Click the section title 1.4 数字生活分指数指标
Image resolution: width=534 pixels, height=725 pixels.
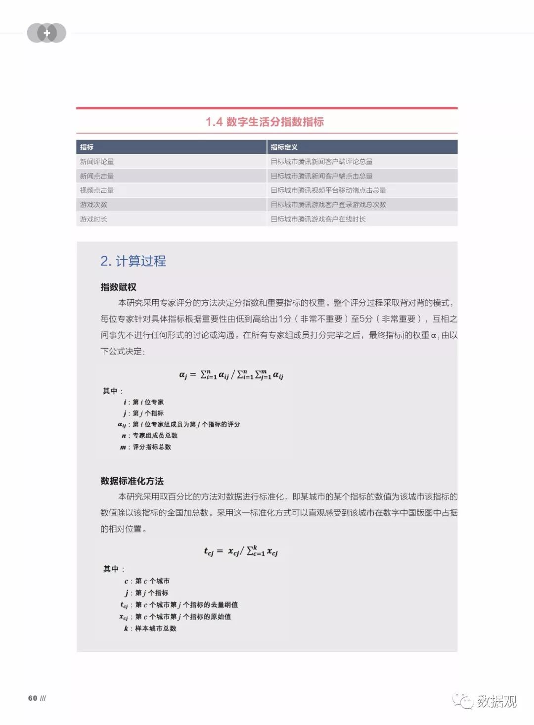click(x=265, y=122)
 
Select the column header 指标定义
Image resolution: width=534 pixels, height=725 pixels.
click(x=284, y=147)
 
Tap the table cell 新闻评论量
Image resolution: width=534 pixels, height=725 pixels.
click(x=97, y=161)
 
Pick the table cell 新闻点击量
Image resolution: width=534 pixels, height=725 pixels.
click(x=97, y=176)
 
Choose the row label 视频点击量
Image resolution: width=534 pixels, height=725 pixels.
click(x=97, y=190)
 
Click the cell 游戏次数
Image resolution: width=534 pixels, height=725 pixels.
click(x=93, y=204)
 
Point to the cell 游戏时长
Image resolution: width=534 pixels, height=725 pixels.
click(x=93, y=219)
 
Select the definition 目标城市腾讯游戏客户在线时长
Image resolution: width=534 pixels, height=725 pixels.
click(x=318, y=219)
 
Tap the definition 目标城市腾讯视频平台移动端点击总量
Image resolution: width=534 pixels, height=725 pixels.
click(x=328, y=190)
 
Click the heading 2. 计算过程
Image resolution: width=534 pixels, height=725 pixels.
click(x=133, y=261)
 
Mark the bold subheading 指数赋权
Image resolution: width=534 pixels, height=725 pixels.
click(x=118, y=287)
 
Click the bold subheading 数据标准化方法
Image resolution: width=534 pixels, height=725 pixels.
click(x=132, y=481)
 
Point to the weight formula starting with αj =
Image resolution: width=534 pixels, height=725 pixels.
click(x=231, y=375)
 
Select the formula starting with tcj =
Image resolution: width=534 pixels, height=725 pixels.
click(x=241, y=551)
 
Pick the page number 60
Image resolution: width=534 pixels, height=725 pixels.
click(x=33, y=698)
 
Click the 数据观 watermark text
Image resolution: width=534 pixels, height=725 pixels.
click(x=496, y=701)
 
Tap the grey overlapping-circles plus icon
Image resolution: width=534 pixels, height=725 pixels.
click(x=46, y=33)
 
